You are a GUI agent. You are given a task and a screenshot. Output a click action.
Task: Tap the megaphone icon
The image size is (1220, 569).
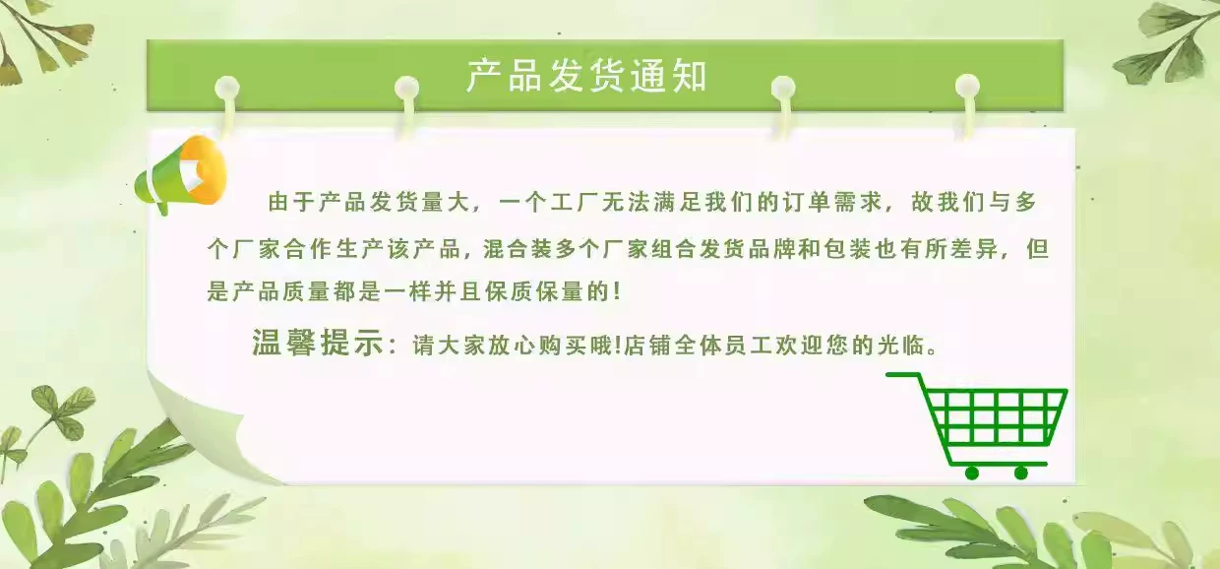181,174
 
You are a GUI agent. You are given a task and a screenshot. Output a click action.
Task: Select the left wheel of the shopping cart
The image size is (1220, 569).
972,473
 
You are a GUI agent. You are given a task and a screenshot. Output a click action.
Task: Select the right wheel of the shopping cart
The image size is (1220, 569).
1020,473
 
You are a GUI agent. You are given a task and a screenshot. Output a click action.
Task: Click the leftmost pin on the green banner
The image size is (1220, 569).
227,88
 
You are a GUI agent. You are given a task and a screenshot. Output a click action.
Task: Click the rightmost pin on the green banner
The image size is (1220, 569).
967,86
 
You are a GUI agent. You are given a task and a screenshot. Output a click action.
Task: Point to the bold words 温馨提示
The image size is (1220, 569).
318,343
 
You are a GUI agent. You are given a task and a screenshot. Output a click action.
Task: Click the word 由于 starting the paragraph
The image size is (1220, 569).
290,202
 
